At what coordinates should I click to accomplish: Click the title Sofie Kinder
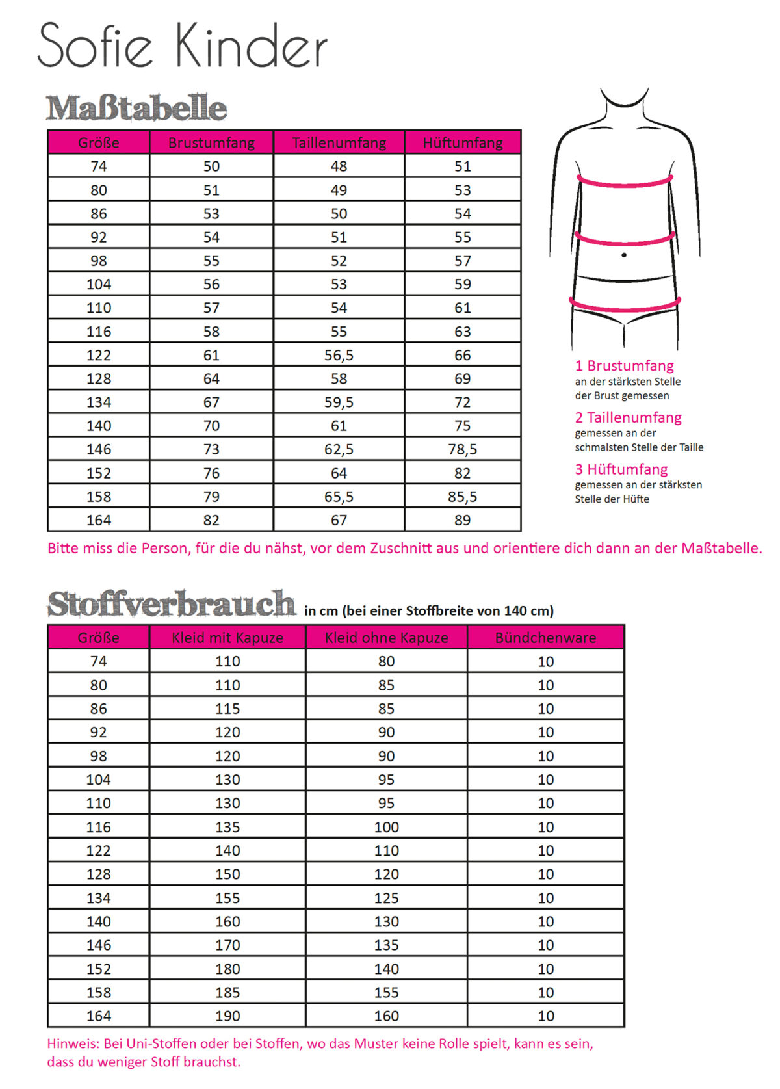click(182, 46)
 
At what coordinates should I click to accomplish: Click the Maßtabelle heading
click(136, 108)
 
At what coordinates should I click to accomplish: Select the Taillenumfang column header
click(339, 142)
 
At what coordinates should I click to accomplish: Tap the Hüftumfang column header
click(462, 142)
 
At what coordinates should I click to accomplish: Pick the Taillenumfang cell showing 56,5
click(339, 355)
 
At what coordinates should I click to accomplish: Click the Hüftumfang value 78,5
click(462, 449)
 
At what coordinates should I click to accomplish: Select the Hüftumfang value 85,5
click(462, 497)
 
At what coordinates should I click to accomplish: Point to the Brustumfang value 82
click(211, 520)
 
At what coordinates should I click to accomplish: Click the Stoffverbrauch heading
click(171, 604)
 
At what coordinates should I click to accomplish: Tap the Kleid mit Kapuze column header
click(227, 638)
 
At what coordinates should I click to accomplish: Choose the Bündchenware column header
click(545, 638)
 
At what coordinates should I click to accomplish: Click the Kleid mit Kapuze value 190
click(227, 1016)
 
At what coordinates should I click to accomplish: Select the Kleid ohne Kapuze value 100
click(386, 827)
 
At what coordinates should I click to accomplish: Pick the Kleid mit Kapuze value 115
click(227, 709)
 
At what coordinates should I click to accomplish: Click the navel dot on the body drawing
click(624, 255)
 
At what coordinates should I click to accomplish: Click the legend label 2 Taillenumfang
click(628, 417)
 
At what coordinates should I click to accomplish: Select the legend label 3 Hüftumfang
click(621, 469)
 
